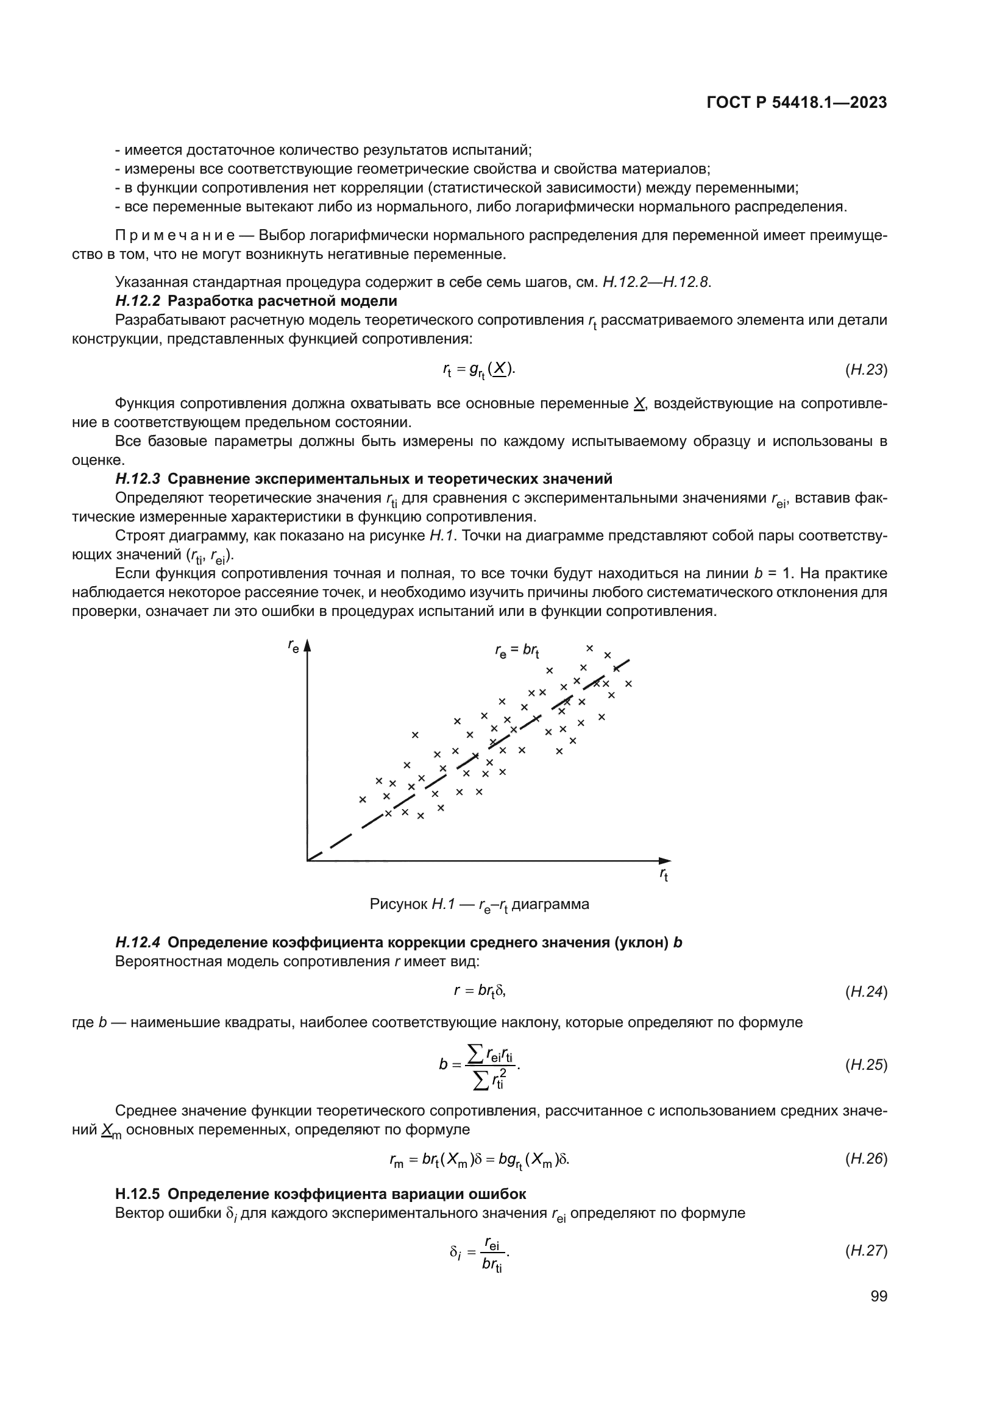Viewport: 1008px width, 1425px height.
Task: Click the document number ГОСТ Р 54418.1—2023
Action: point(797,103)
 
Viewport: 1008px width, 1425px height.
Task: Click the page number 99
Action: point(878,1296)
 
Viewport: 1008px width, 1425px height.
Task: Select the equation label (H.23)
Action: point(866,370)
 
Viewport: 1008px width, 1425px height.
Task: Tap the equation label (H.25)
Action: point(866,1065)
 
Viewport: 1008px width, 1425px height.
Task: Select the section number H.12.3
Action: point(138,479)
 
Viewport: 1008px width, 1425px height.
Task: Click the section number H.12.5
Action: point(138,1194)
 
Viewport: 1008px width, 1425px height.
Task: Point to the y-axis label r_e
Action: point(293,646)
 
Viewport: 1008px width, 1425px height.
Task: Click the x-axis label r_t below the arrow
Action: point(663,875)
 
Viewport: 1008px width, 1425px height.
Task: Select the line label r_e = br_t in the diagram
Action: point(516,651)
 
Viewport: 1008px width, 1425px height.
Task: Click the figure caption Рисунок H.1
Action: point(478,904)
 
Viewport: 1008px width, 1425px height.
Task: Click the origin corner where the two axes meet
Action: point(307,861)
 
